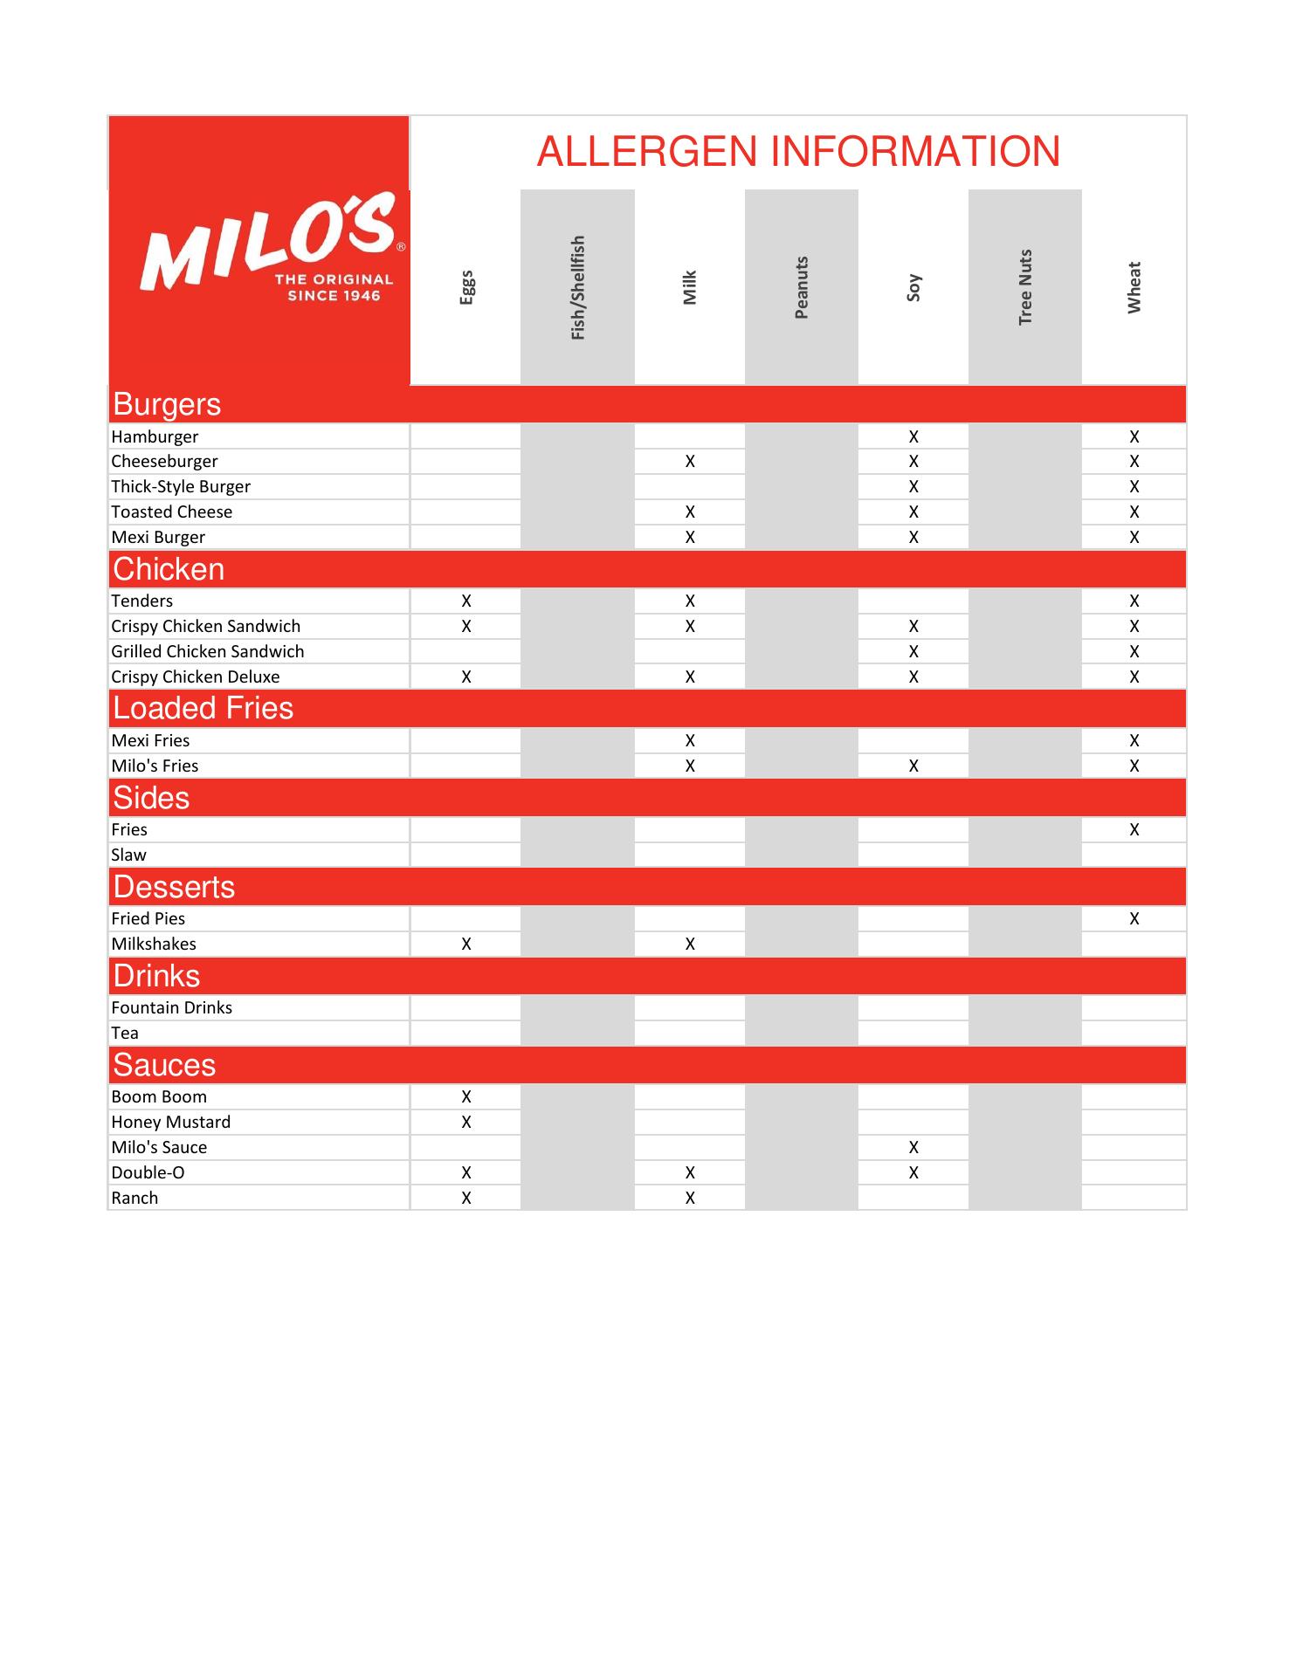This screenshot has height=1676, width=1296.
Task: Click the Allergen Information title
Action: click(798, 152)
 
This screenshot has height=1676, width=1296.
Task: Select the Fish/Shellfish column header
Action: click(577, 287)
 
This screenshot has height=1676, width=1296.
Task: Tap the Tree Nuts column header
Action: click(1025, 287)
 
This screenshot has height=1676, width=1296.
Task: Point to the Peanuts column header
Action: click(802, 287)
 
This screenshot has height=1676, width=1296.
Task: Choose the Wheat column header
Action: click(1134, 287)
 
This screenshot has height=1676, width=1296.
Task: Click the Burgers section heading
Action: click(167, 404)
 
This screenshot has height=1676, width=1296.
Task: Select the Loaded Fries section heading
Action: click(203, 708)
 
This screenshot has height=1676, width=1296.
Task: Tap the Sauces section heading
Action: click(164, 1065)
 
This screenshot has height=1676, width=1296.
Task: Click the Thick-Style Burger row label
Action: click(181, 486)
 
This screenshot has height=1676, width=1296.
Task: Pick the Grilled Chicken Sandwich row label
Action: click(208, 651)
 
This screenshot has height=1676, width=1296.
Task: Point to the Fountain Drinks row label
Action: click(172, 1007)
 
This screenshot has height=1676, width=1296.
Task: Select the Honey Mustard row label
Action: click(171, 1122)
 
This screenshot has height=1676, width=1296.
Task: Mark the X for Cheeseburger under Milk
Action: click(690, 461)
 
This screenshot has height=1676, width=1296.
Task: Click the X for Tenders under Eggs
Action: click(466, 601)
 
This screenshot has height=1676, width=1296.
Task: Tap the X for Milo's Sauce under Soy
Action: click(913, 1147)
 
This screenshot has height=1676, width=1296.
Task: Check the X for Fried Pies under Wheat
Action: click(1134, 918)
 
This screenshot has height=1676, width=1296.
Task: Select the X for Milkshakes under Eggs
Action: click(466, 944)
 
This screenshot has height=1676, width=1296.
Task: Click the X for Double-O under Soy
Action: click(913, 1172)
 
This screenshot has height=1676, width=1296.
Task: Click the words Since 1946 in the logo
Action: click(334, 296)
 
